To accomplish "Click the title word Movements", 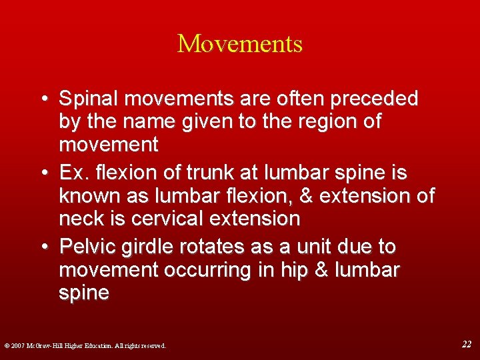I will pos(240,44).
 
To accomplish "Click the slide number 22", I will pos(467,344).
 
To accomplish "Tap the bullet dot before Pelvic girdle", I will pos(44,247).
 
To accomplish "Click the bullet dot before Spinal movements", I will pos(44,99).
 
